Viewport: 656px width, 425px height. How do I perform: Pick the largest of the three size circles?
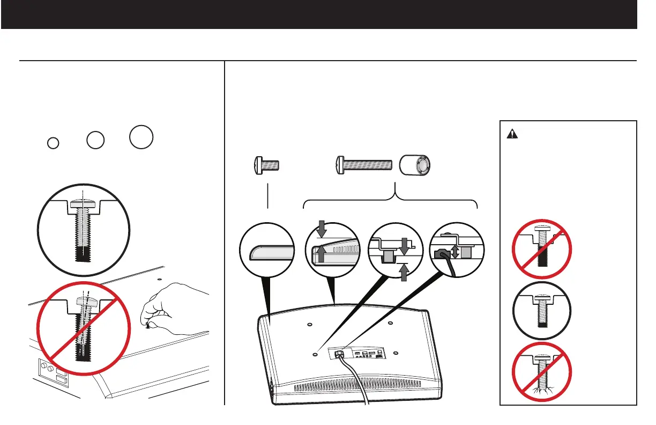pyautogui.click(x=141, y=136)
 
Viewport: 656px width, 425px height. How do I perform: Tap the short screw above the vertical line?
pyautogui.click(x=267, y=165)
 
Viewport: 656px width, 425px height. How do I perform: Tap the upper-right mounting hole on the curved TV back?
pyautogui.click(x=391, y=324)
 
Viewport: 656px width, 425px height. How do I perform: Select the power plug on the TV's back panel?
pyautogui.click(x=339, y=354)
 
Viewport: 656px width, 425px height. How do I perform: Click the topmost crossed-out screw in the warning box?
pyautogui.click(x=542, y=249)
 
